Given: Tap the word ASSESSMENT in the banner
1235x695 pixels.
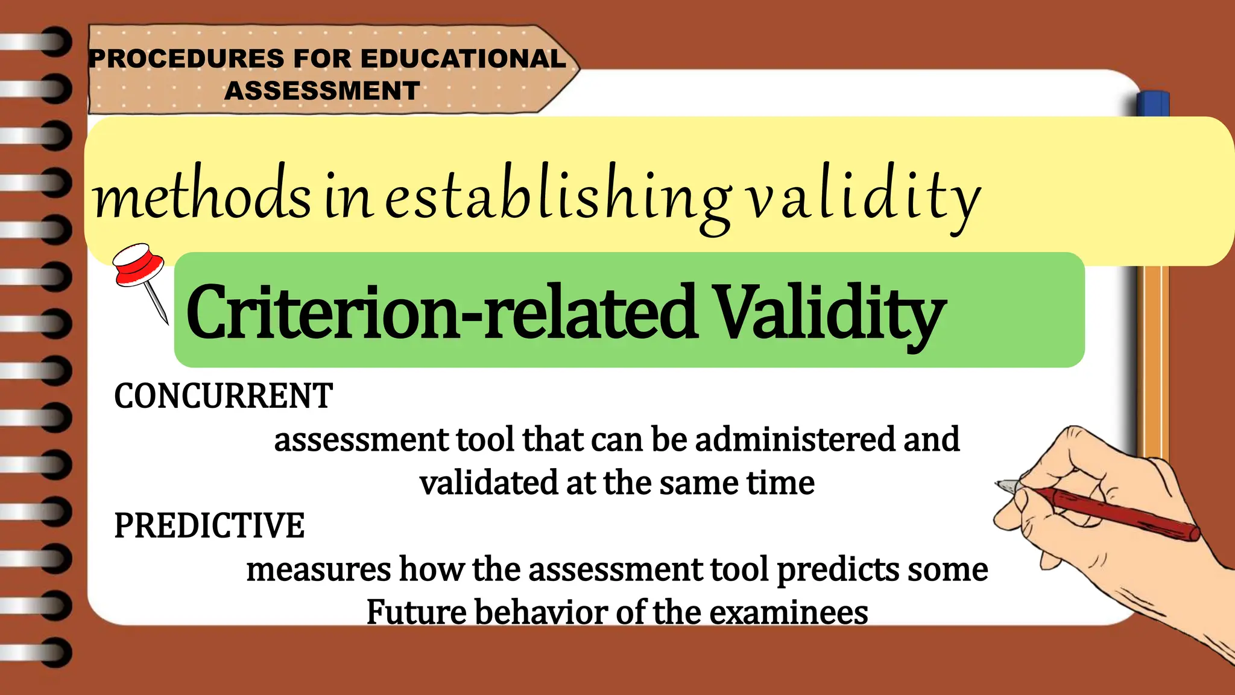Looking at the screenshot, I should pyautogui.click(x=322, y=91).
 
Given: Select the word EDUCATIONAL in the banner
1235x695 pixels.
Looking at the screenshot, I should pyautogui.click(x=463, y=59).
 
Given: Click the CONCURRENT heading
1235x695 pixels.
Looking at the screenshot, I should pyautogui.click(x=223, y=396).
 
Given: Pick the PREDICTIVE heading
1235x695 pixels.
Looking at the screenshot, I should pyautogui.click(x=209, y=525).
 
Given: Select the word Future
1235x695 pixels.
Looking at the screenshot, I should pyautogui.click(x=416, y=612).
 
